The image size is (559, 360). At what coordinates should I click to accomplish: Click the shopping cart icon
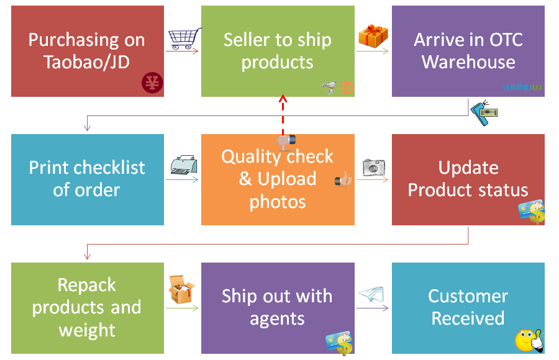(x=184, y=38)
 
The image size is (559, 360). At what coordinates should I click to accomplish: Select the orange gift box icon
(x=373, y=35)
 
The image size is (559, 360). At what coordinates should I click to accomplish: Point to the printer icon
(x=184, y=166)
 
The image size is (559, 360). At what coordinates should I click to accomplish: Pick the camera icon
(x=374, y=166)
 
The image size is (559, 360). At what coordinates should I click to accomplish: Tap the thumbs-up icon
(x=343, y=180)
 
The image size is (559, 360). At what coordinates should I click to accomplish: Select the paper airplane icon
(x=371, y=294)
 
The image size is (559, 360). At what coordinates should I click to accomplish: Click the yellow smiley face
(x=528, y=341)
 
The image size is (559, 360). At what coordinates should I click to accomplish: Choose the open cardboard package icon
(x=181, y=290)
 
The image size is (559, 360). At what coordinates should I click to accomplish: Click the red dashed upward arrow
(x=283, y=118)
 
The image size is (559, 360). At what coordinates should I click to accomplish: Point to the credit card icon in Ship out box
(x=340, y=343)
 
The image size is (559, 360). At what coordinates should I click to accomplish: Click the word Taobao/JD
(x=86, y=62)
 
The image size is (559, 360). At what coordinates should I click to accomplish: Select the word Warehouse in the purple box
(x=468, y=62)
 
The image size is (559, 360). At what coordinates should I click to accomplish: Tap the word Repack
(x=87, y=285)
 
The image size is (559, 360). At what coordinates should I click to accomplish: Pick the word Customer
(x=468, y=296)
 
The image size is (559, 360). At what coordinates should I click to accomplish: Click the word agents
(x=277, y=319)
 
